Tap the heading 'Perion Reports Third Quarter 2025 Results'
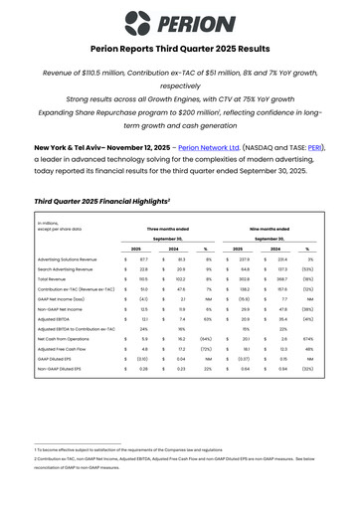pyautogui.click(x=179, y=49)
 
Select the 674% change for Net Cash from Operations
pyautogui.click(x=309, y=367)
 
